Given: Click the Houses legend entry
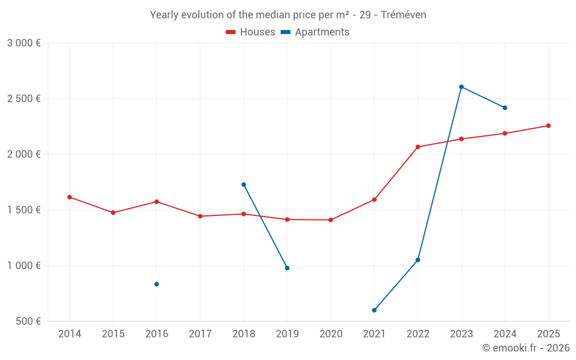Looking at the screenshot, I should (x=251, y=32).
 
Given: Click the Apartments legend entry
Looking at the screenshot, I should (x=315, y=32).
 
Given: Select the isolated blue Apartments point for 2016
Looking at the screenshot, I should (x=157, y=284).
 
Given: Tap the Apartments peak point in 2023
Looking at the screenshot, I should (x=461, y=87).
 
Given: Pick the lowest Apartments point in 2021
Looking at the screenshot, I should (x=374, y=310).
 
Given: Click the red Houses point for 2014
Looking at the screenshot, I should (x=70, y=197).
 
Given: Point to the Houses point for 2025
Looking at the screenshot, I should (x=548, y=126).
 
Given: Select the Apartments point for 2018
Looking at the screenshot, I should (x=244, y=184).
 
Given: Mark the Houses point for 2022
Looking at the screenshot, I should (x=418, y=147).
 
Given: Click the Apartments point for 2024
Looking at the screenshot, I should (x=505, y=108).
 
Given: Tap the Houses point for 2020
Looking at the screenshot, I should (x=331, y=220).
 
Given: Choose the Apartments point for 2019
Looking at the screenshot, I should (x=287, y=268).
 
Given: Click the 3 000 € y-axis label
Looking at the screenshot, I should (x=24, y=43).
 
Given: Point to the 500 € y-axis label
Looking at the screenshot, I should (x=28, y=321).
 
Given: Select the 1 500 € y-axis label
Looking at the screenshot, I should (x=24, y=210).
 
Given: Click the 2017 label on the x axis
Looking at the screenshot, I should (x=200, y=334).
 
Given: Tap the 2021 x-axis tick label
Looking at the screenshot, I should (x=374, y=334).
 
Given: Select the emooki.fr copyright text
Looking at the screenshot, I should (x=525, y=348).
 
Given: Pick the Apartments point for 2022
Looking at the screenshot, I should (x=418, y=260).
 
